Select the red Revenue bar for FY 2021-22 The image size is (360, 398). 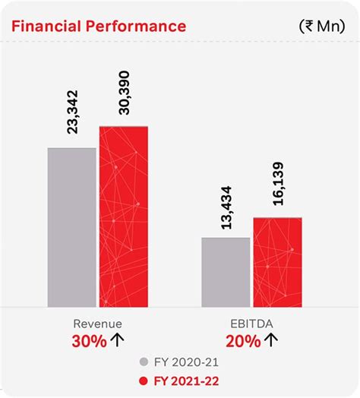123,216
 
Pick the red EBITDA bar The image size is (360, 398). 277,261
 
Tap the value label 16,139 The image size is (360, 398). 277,183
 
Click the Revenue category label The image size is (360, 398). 97,323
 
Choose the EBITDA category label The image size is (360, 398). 251,323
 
